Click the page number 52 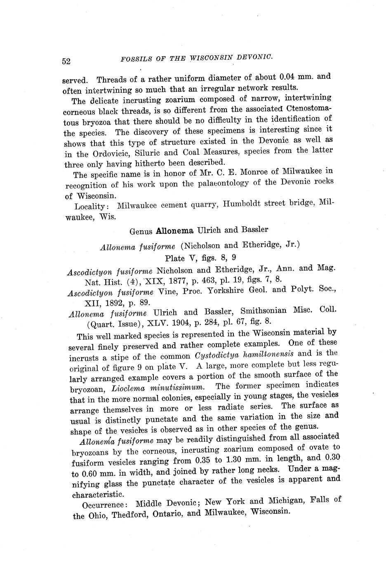coord(66,61)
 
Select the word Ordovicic coord(108,154)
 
